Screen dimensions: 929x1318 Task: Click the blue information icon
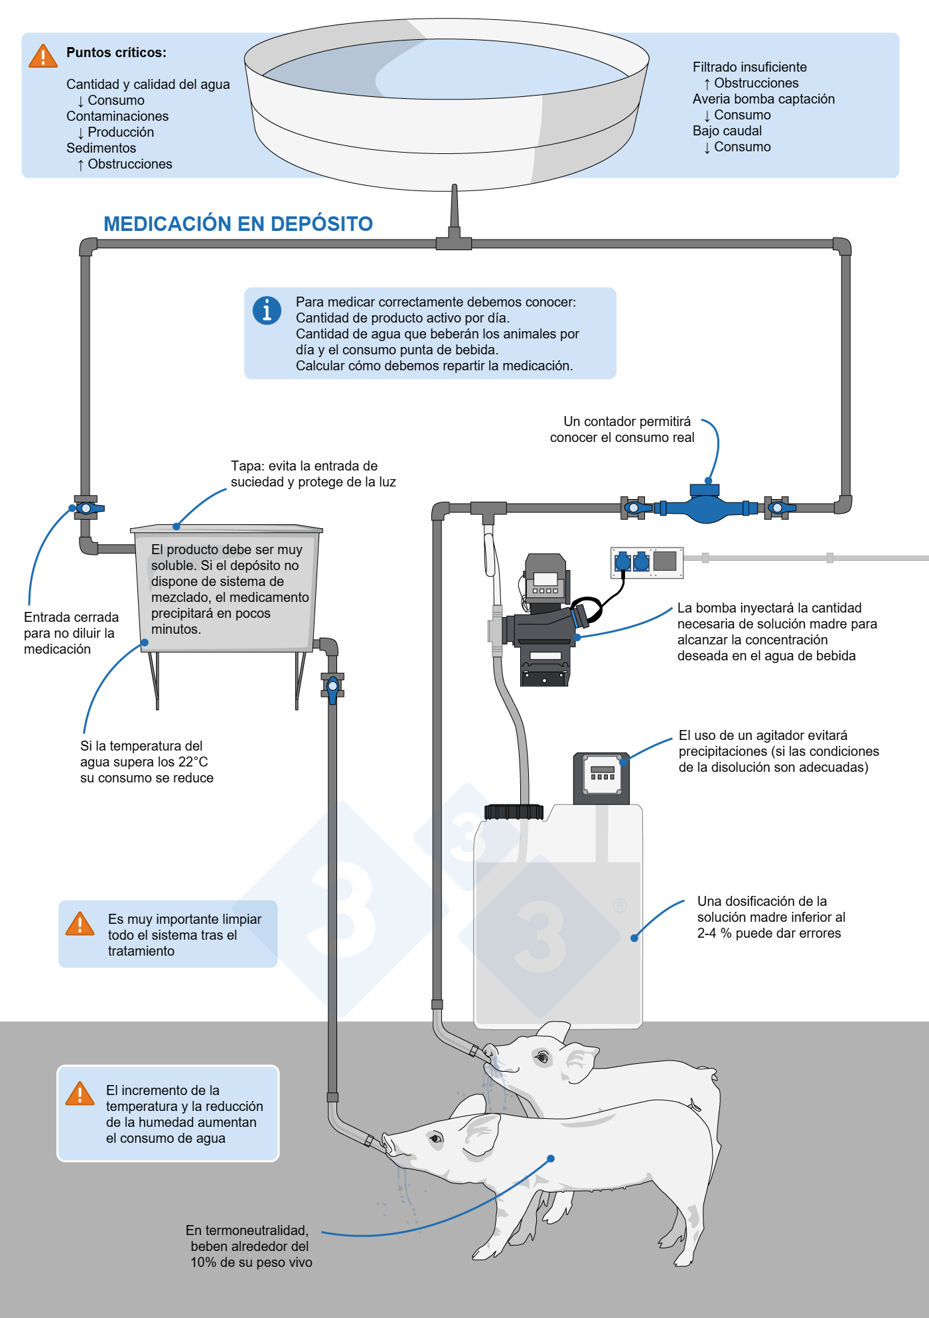point(267,310)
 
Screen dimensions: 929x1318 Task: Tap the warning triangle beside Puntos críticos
point(43,56)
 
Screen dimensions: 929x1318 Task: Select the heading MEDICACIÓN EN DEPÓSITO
point(238,224)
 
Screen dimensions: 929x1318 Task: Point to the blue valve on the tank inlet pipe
point(86,508)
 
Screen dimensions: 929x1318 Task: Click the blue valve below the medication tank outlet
point(332,688)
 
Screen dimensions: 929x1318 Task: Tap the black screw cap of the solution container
point(514,812)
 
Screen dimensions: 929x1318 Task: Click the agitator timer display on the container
point(602,774)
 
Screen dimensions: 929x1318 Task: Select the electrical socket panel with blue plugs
point(647,562)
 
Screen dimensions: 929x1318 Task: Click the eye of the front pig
point(435,1139)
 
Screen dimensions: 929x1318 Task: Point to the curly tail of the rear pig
point(695,1105)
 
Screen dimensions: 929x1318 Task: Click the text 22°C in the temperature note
point(193,762)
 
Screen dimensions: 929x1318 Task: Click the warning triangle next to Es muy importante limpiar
point(80,924)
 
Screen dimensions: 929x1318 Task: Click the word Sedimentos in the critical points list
point(101,148)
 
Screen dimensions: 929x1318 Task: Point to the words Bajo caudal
point(727,131)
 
